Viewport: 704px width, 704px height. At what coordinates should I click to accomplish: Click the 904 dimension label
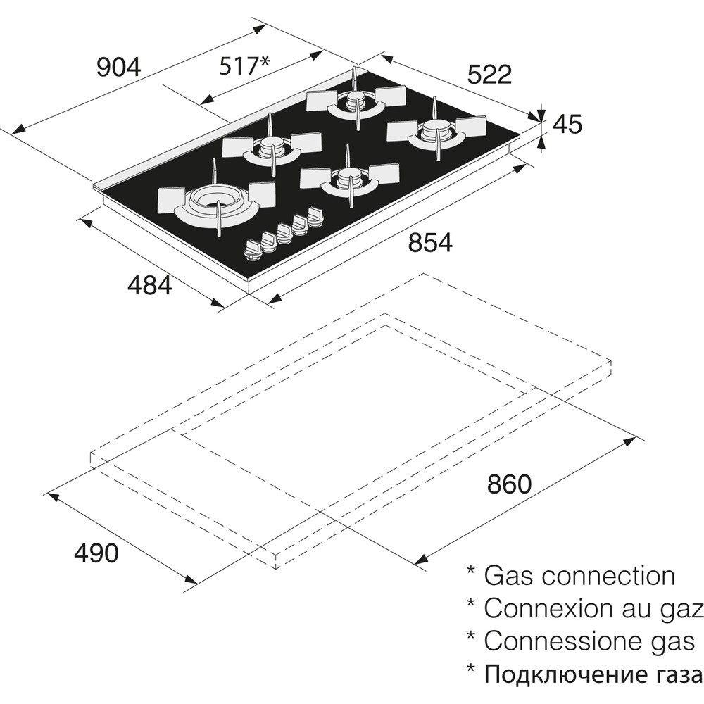click(x=119, y=68)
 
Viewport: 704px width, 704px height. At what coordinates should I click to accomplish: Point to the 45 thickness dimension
click(x=567, y=125)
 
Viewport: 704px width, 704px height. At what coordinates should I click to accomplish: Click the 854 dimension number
click(x=429, y=243)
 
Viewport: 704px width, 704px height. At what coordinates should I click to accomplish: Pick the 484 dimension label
click(x=149, y=284)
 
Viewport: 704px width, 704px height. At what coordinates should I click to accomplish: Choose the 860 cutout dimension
click(x=508, y=484)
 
